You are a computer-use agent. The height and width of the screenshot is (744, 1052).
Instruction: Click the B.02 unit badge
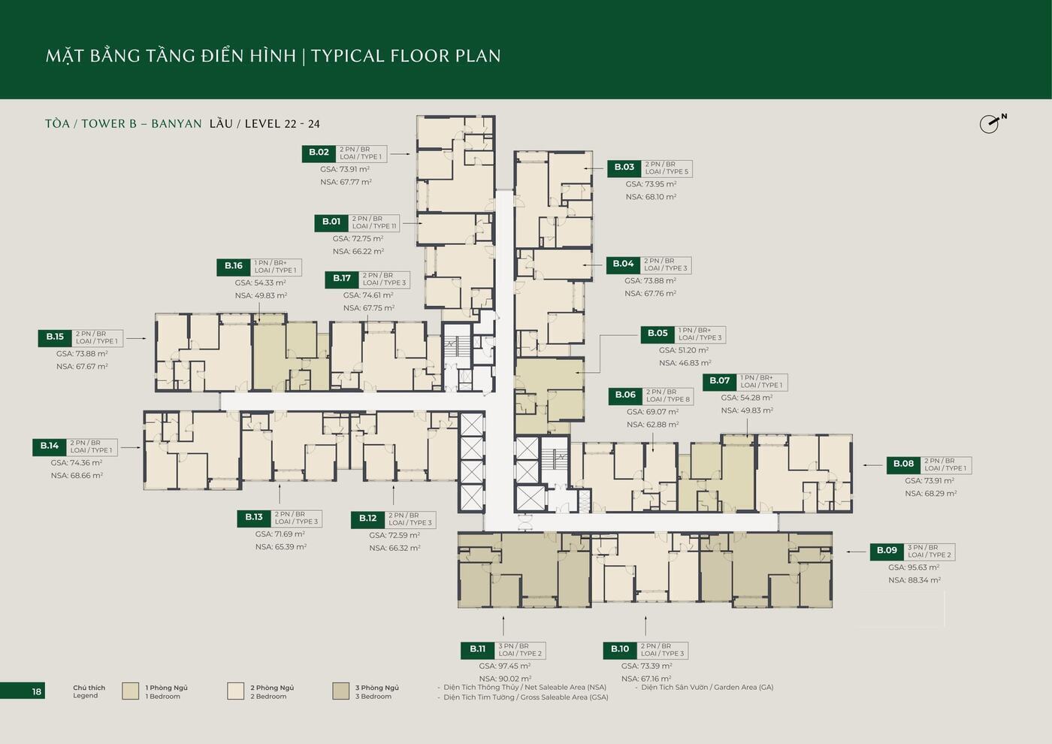[x=319, y=153]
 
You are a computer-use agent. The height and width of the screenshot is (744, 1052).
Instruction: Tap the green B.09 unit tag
[x=887, y=551]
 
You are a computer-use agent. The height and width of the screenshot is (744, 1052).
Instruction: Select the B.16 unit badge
[x=234, y=267]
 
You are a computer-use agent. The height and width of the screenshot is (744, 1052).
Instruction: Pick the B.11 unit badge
[x=478, y=649]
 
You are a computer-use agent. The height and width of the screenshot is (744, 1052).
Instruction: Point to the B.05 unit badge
[x=657, y=334]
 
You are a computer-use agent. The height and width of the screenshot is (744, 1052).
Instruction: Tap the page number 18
[x=37, y=691]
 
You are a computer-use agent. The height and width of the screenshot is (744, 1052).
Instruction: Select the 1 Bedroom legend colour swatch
[x=130, y=691]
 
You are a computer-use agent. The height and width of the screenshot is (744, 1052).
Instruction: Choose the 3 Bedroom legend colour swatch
[x=340, y=691]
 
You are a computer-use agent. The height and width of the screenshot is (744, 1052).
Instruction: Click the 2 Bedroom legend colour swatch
[x=235, y=691]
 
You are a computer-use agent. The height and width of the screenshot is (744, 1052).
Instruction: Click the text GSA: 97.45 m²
[x=505, y=666]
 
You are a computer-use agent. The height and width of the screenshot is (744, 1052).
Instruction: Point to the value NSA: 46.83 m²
[x=685, y=363]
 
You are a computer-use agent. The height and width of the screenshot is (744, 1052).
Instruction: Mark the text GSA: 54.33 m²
[x=260, y=283]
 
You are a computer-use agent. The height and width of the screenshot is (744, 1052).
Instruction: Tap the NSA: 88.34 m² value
[x=914, y=580]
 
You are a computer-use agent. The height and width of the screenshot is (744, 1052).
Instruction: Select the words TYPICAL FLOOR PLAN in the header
[x=406, y=56]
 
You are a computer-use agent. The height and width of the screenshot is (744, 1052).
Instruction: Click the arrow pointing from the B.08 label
[x=873, y=465]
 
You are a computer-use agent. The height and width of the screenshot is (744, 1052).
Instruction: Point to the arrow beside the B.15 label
[x=136, y=338]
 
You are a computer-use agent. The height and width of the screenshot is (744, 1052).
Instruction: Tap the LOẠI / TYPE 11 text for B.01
[x=374, y=226]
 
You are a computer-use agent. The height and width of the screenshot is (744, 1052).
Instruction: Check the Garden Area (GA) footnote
[x=707, y=687]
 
